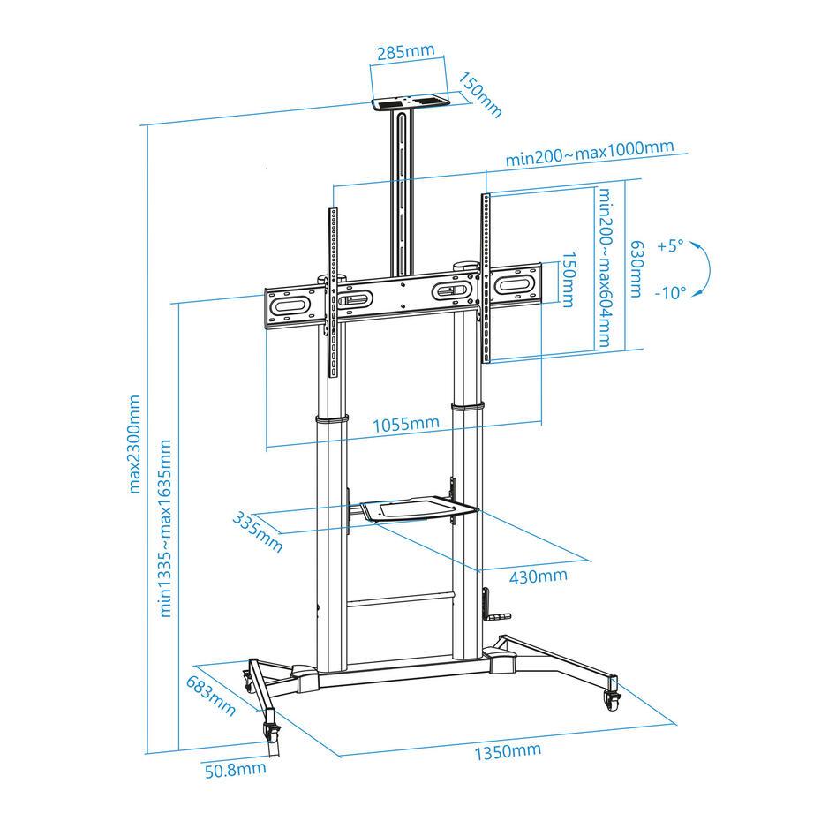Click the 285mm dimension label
pos(406,52)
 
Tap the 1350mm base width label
pos(508,751)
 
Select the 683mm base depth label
pos(210,696)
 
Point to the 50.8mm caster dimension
pos(235,770)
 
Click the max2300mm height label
pos(134,445)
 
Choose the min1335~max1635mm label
pos(165,528)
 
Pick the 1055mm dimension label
pos(406,423)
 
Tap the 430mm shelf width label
pos(539,576)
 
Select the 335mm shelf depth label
pos(258,532)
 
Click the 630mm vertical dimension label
pos(636,268)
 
